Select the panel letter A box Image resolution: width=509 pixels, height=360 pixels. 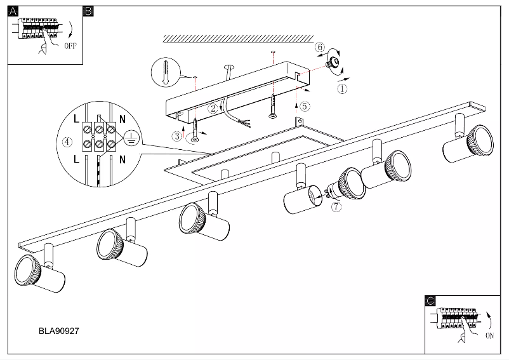click(x=12, y=11)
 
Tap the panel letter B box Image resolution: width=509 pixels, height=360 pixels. click(x=89, y=11)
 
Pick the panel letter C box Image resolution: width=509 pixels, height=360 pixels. click(x=430, y=302)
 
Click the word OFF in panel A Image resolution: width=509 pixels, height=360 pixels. click(x=71, y=46)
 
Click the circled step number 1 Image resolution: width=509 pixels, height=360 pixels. click(x=343, y=90)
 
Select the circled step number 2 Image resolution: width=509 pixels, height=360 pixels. click(x=215, y=109)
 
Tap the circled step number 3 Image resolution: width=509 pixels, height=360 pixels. click(x=176, y=135)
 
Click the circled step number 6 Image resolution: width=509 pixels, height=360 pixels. click(x=321, y=48)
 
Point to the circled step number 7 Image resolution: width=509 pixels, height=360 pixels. click(x=336, y=206)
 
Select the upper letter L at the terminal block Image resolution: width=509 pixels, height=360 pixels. click(x=76, y=119)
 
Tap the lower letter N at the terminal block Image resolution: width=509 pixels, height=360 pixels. click(x=122, y=157)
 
